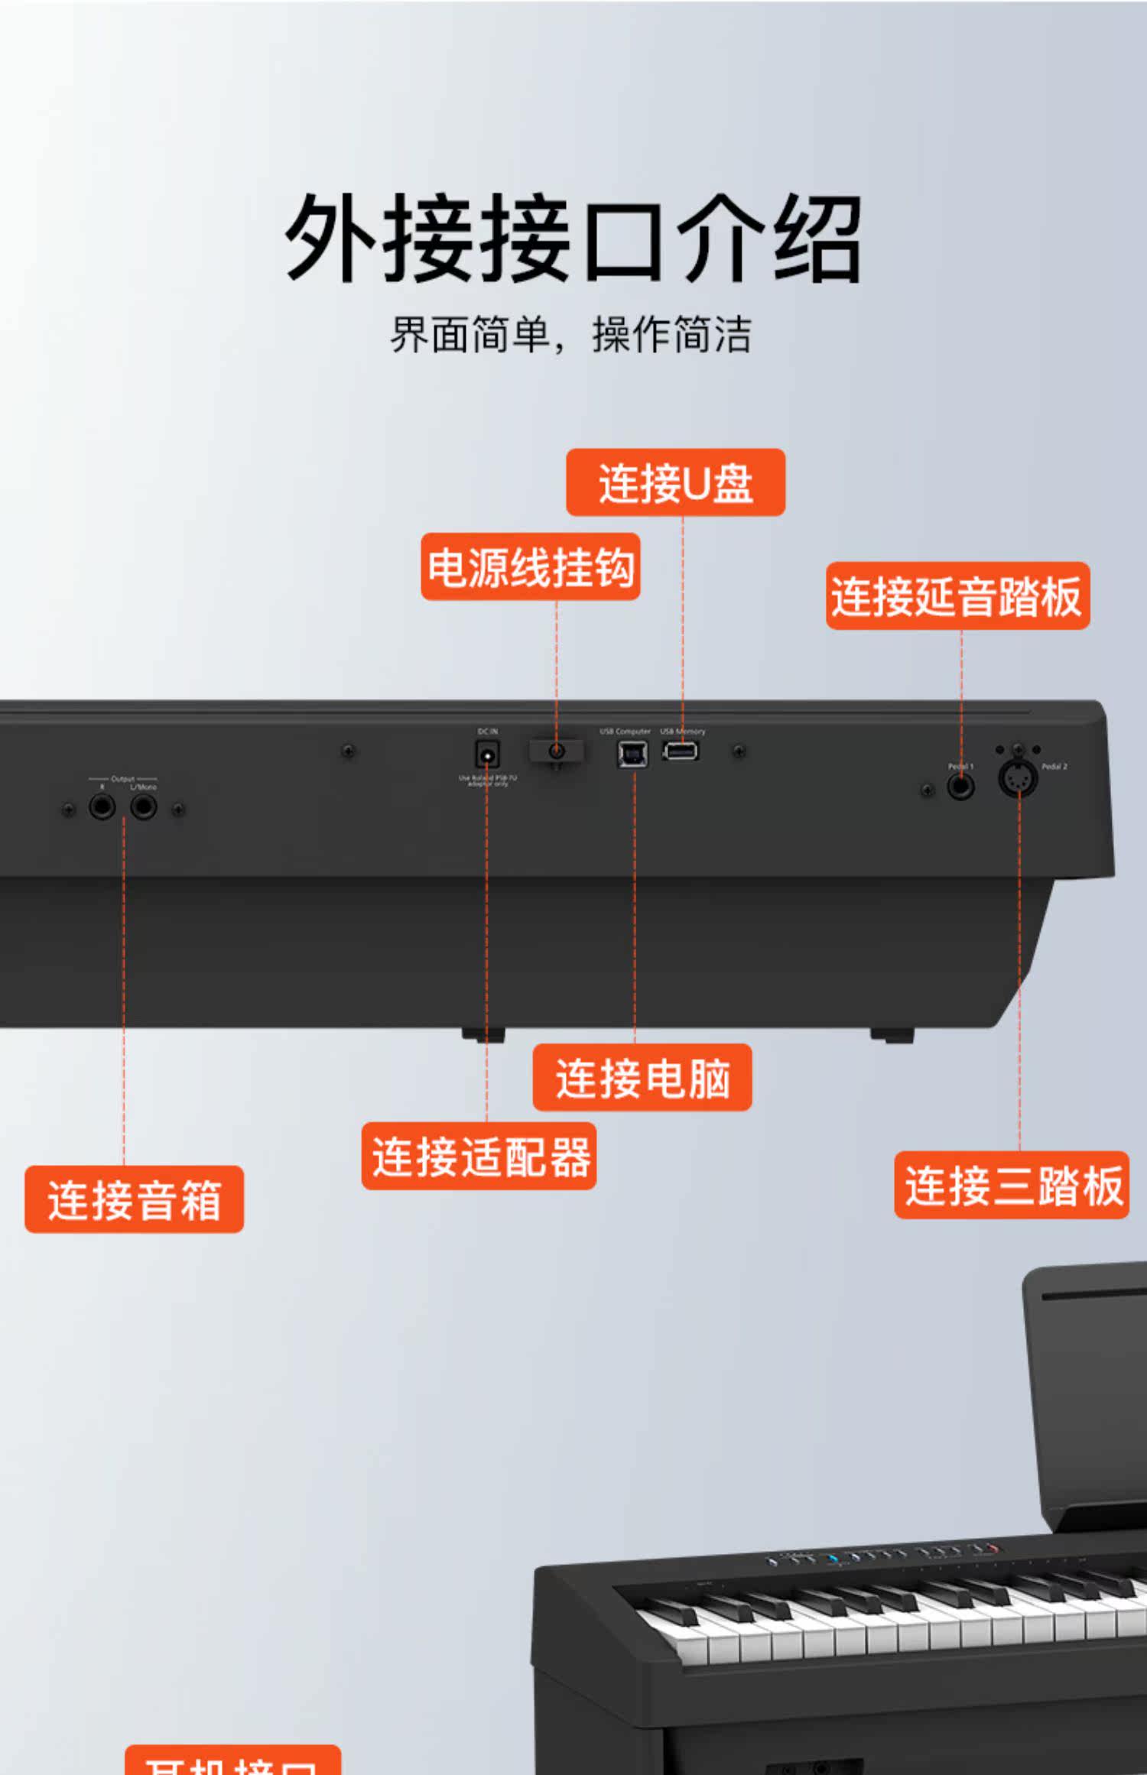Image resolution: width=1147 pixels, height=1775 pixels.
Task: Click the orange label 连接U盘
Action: (675, 482)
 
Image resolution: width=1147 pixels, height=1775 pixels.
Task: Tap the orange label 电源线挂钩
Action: (530, 566)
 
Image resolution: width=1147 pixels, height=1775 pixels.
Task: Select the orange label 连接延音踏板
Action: (957, 596)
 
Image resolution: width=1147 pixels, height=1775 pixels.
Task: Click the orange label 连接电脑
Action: (642, 1077)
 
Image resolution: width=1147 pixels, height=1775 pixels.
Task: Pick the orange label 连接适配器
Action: (479, 1156)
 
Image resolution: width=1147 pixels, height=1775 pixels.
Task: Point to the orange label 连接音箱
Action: (134, 1199)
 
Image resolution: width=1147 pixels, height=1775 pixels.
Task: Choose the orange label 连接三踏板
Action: (1011, 1185)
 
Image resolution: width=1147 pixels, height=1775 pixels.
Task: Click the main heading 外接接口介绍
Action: (573, 239)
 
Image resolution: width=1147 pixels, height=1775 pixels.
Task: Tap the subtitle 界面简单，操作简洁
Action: (571, 334)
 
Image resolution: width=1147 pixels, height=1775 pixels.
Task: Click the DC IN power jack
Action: (487, 754)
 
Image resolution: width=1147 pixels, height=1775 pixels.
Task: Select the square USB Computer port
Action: (632, 754)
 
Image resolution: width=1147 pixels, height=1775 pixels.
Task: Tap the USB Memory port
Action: (680, 751)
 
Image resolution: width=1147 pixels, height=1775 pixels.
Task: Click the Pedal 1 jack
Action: (960, 786)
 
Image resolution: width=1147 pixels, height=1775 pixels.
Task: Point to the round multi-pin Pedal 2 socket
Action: (1018, 779)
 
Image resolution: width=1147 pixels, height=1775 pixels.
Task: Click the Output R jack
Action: (102, 806)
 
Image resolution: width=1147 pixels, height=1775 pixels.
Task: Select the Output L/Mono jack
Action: (143, 806)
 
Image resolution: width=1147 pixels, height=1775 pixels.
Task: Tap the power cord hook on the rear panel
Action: (557, 751)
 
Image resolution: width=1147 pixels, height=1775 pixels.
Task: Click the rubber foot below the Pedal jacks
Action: (892, 1035)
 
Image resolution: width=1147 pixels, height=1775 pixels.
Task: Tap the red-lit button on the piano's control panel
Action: (993, 1549)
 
